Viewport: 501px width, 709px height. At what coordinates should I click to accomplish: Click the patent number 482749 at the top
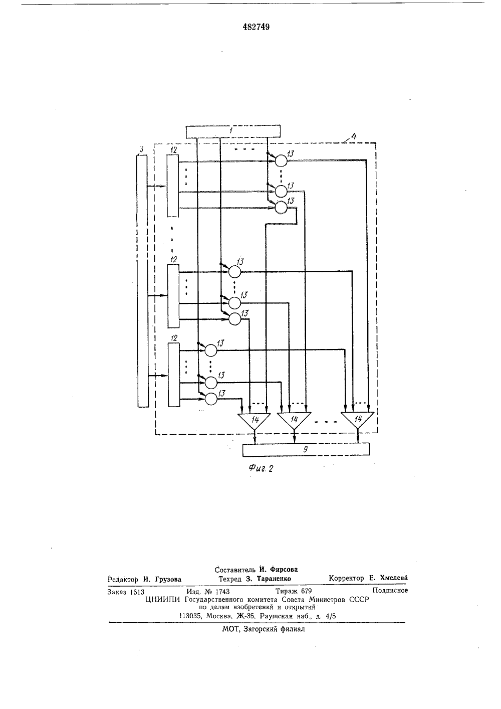click(256, 27)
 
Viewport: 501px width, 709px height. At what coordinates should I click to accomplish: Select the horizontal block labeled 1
click(233, 132)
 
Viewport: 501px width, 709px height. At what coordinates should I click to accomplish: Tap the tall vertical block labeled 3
click(143, 281)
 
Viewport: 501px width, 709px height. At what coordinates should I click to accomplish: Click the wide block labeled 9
click(306, 450)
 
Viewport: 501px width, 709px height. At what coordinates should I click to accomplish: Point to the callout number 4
click(354, 136)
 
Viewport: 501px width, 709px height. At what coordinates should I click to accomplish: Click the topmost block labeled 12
click(173, 186)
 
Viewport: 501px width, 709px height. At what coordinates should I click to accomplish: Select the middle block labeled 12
click(173, 296)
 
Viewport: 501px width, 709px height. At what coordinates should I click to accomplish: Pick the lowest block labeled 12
click(173, 375)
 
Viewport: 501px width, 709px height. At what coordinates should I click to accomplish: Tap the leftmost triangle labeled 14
click(255, 420)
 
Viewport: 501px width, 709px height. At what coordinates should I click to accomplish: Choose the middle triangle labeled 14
click(294, 420)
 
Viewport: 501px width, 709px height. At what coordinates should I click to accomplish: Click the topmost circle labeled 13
click(281, 161)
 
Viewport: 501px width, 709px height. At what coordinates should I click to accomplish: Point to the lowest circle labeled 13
click(211, 399)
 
